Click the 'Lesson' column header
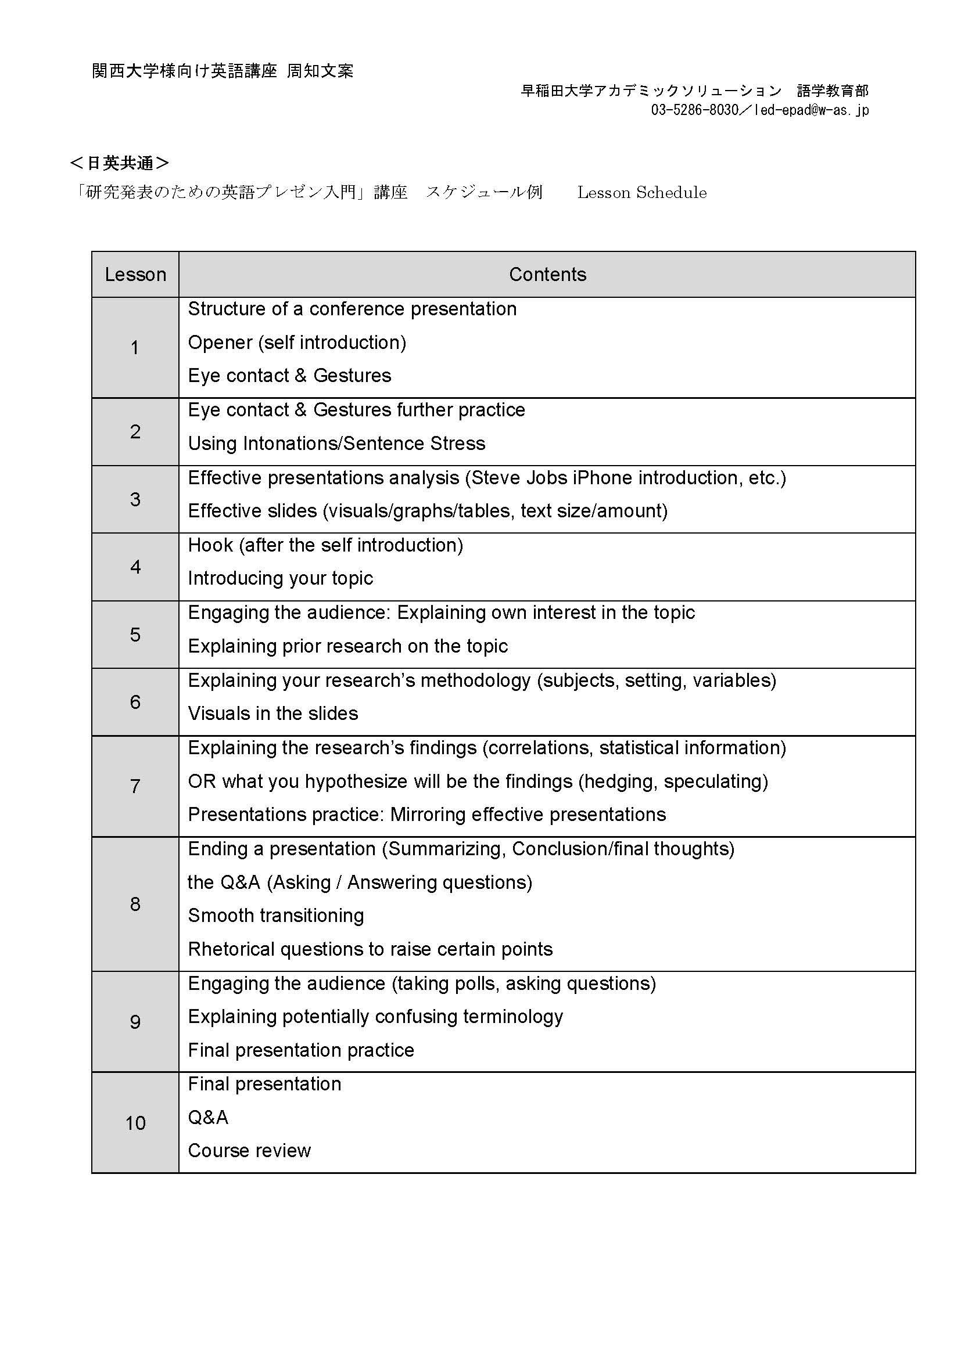click(135, 275)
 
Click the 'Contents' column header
click(547, 275)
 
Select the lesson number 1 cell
click(135, 347)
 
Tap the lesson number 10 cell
click(135, 1123)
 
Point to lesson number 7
click(135, 786)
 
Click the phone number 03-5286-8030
click(694, 110)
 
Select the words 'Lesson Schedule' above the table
click(641, 193)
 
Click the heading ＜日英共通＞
click(120, 163)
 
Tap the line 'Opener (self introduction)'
click(296, 343)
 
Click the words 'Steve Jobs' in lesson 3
click(519, 477)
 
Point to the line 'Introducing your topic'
click(280, 578)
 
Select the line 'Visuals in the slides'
click(273, 714)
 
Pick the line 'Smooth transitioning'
click(276, 916)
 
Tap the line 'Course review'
click(249, 1150)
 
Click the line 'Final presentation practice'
click(300, 1050)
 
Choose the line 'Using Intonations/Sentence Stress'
click(336, 444)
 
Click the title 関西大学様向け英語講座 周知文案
click(223, 71)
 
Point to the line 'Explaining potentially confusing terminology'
click(375, 1016)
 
